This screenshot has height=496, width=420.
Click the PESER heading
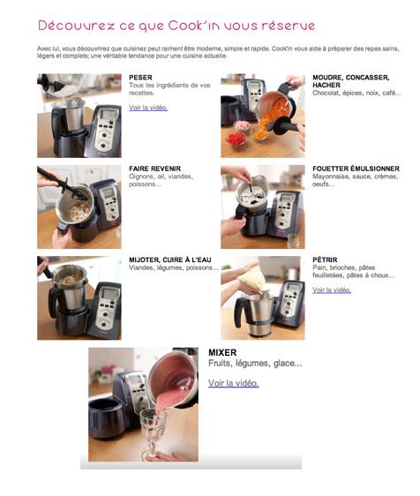coord(140,78)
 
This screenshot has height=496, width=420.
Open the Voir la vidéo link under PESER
coord(148,108)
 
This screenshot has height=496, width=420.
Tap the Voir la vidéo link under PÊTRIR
coord(332,290)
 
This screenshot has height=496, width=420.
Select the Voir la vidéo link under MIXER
coord(234,383)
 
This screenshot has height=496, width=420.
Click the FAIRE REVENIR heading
coord(154,169)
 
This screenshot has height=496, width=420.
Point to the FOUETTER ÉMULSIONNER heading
coord(356,169)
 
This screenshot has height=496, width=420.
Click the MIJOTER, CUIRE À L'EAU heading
coord(169,259)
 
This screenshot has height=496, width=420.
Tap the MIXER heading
coord(222,353)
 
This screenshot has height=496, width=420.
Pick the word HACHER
coord(326,85)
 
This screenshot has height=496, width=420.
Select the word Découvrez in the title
coord(76,26)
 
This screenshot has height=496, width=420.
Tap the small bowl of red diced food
coord(236,139)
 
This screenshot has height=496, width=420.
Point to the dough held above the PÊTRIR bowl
coord(251,278)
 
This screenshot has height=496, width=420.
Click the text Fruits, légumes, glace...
coord(255,364)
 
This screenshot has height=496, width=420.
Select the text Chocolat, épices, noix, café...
coord(356,93)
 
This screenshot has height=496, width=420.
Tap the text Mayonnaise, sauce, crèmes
coord(356,177)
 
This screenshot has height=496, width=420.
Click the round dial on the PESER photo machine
coord(104,135)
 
